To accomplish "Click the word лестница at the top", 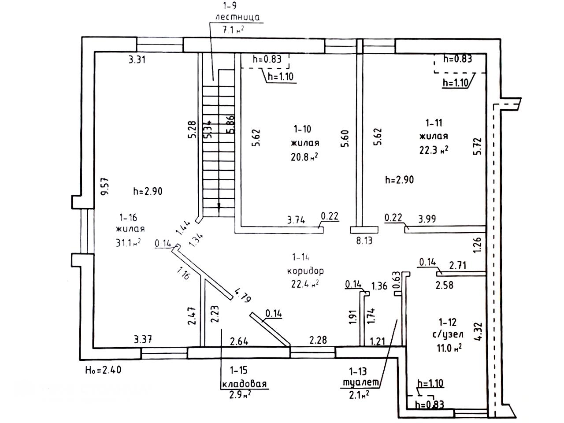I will [x=237, y=17].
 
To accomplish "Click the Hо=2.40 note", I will [x=102, y=370].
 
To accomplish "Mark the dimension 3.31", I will [x=137, y=60].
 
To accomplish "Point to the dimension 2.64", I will [x=240, y=340].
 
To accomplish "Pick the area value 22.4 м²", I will [x=305, y=284].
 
